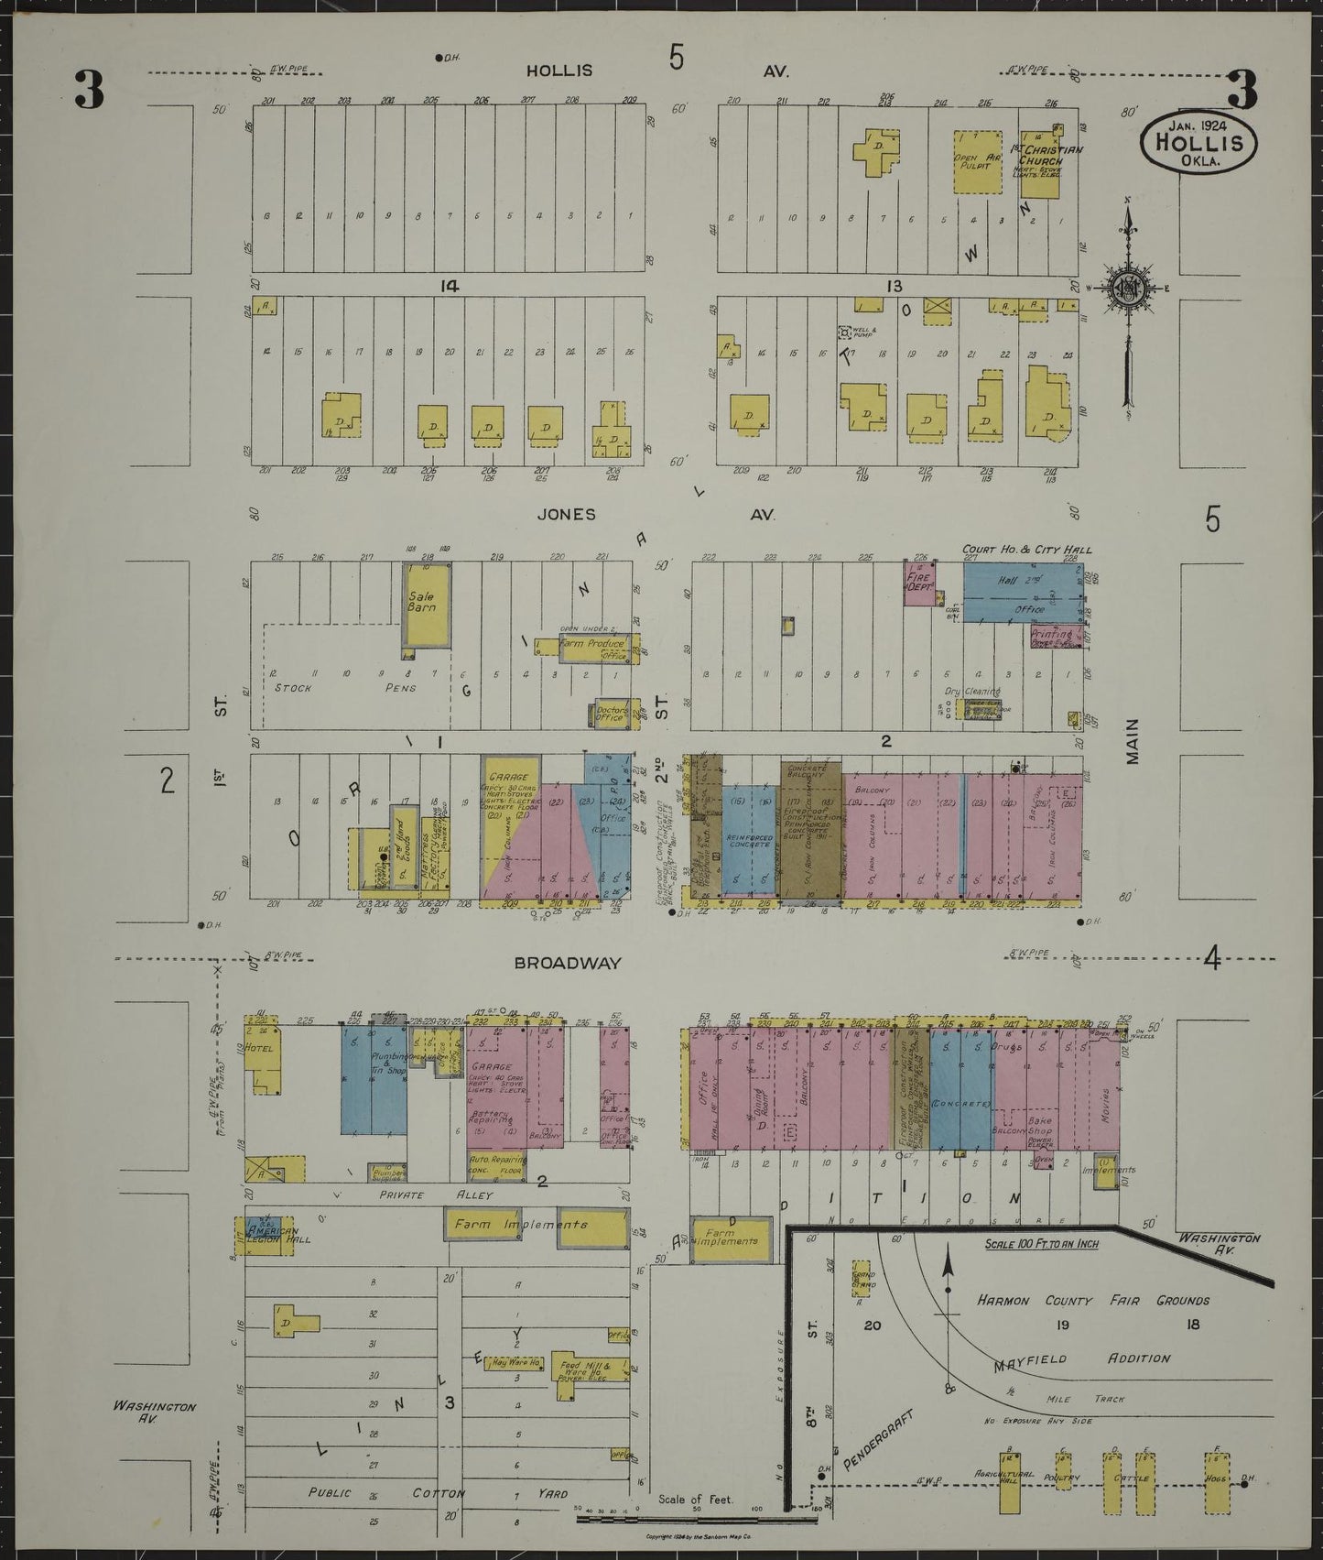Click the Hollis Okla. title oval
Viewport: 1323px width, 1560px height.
(1198, 142)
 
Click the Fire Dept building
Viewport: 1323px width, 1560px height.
(919, 584)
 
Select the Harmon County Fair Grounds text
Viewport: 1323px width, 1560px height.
(1093, 1300)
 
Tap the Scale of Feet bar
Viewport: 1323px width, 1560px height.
(696, 1518)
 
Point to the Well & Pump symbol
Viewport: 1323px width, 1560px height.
(845, 333)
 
